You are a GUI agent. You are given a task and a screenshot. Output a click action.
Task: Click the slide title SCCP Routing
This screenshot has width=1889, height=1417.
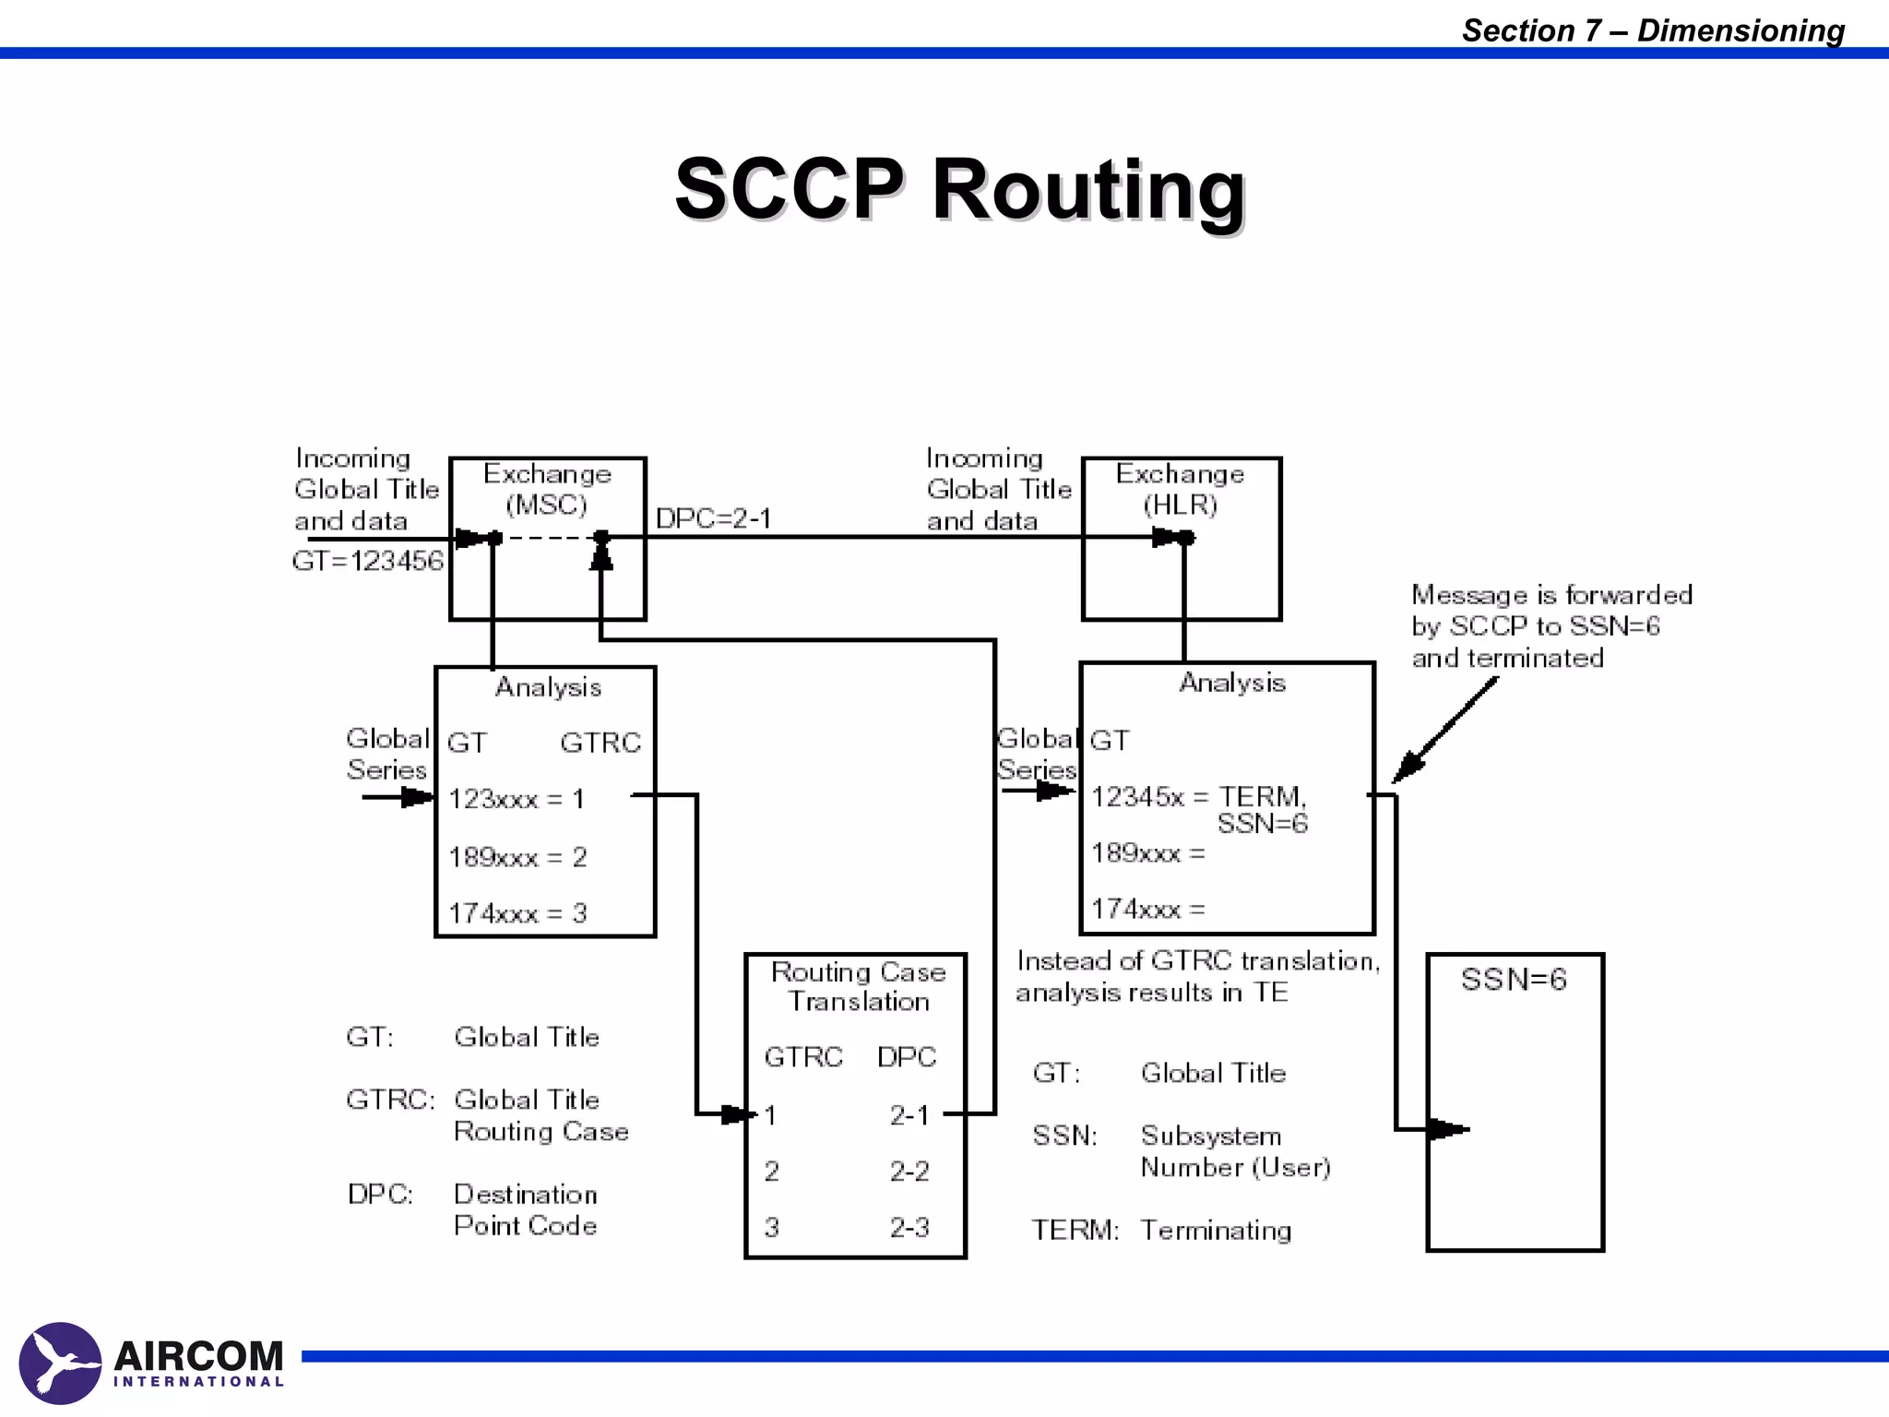point(959,189)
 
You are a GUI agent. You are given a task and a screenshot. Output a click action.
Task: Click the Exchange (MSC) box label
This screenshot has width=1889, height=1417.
point(547,489)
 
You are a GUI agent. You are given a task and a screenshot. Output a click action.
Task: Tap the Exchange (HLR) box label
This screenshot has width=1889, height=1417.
point(1180,489)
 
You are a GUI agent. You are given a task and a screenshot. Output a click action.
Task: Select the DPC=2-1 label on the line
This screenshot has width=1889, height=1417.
point(713,518)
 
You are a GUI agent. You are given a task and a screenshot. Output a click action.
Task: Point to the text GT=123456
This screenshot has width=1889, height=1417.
point(367,561)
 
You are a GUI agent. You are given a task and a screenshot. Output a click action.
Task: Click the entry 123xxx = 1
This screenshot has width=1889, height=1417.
point(517,799)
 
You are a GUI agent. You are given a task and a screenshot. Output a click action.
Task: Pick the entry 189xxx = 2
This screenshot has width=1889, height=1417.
point(517,857)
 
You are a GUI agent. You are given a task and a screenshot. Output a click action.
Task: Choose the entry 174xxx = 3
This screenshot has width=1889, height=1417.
point(517,913)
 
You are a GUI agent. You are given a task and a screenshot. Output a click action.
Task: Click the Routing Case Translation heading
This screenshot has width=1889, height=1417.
point(858,986)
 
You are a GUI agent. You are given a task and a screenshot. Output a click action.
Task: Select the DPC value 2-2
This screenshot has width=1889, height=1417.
point(909,1172)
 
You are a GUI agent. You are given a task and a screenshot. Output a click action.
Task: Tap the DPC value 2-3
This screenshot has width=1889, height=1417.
point(909,1228)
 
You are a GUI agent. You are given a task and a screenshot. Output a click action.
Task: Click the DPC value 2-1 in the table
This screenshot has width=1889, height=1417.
point(909,1115)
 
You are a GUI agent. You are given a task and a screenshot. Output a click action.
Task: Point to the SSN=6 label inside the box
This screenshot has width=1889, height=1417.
point(1514,980)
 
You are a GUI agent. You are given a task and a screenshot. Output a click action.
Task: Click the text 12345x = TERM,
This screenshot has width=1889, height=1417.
point(1198,797)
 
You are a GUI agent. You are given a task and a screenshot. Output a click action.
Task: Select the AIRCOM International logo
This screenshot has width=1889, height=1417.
point(152,1363)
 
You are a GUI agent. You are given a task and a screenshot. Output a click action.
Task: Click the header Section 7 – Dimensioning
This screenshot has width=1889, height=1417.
point(1653,30)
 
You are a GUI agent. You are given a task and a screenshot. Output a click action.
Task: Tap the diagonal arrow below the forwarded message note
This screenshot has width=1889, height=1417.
point(1444,731)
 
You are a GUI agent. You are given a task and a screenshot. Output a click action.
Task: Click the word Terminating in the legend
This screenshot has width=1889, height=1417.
point(1216,1231)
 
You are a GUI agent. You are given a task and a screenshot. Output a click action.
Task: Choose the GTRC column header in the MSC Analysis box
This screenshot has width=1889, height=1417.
point(600,743)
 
